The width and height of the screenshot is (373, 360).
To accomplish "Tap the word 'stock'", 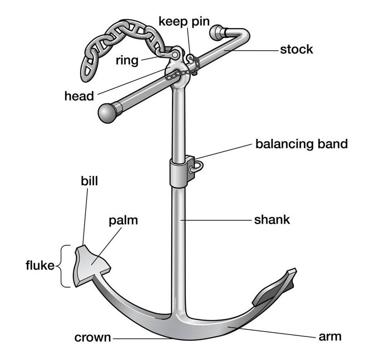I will (296, 49).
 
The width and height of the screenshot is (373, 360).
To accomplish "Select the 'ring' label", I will (127, 61).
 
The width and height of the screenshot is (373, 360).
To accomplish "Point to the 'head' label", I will (79, 96).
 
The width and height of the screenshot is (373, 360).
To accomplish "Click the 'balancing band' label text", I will (301, 144).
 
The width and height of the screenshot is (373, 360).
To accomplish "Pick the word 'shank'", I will (271, 220).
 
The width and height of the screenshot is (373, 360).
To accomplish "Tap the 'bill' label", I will (90, 181).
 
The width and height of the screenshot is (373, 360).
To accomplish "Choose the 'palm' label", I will (123, 221).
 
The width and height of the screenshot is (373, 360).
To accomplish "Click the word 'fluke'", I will (40, 266).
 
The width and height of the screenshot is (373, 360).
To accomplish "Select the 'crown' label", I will (92, 338).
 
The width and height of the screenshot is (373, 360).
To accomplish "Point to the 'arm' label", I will (331, 338).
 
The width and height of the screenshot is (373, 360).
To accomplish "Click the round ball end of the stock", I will (107, 113).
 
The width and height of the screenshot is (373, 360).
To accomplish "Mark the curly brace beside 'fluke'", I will (65, 266).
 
